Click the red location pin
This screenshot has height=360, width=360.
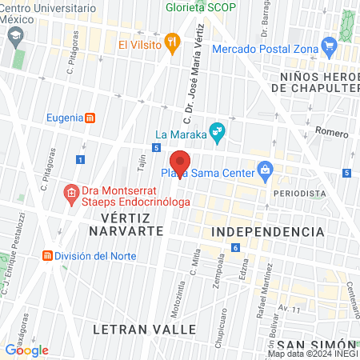coord(180,163)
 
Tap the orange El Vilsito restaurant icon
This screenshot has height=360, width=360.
coord(171,44)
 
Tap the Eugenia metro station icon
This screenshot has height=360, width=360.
coord(90,118)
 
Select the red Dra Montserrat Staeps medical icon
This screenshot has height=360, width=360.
coord(70,192)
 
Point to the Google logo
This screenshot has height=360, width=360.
coord(26,350)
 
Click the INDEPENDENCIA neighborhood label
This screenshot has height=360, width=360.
coord(268,231)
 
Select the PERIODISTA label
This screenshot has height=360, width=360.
coord(299,194)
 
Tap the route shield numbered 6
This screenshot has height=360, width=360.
coord(236,247)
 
